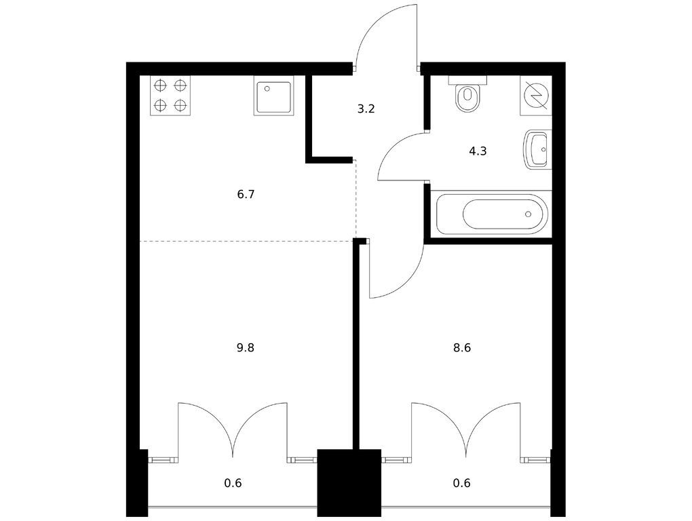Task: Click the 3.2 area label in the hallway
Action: click(x=366, y=109)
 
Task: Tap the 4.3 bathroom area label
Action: click(x=478, y=151)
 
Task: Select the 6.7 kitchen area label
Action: click(x=246, y=194)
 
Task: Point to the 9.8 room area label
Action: click(x=246, y=348)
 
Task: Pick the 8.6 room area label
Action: click(x=462, y=348)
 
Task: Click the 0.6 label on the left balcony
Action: click(x=233, y=483)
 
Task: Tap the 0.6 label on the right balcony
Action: click(x=461, y=483)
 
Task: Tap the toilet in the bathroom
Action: click(x=467, y=94)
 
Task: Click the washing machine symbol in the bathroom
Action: click(x=536, y=96)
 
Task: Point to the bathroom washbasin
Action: click(x=537, y=149)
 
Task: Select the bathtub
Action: click(x=491, y=214)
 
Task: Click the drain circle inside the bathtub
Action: click(x=528, y=214)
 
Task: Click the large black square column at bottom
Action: click(x=349, y=482)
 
